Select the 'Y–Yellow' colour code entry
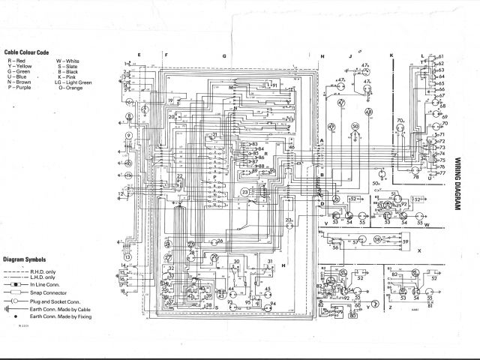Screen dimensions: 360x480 [x=20, y=67]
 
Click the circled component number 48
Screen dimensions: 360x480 [x=368, y=112]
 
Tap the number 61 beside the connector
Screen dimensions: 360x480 [x=441, y=56]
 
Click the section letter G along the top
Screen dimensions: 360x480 [x=223, y=56]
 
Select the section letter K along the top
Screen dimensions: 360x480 [x=391, y=56]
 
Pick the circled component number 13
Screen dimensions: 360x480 [x=127, y=256]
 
